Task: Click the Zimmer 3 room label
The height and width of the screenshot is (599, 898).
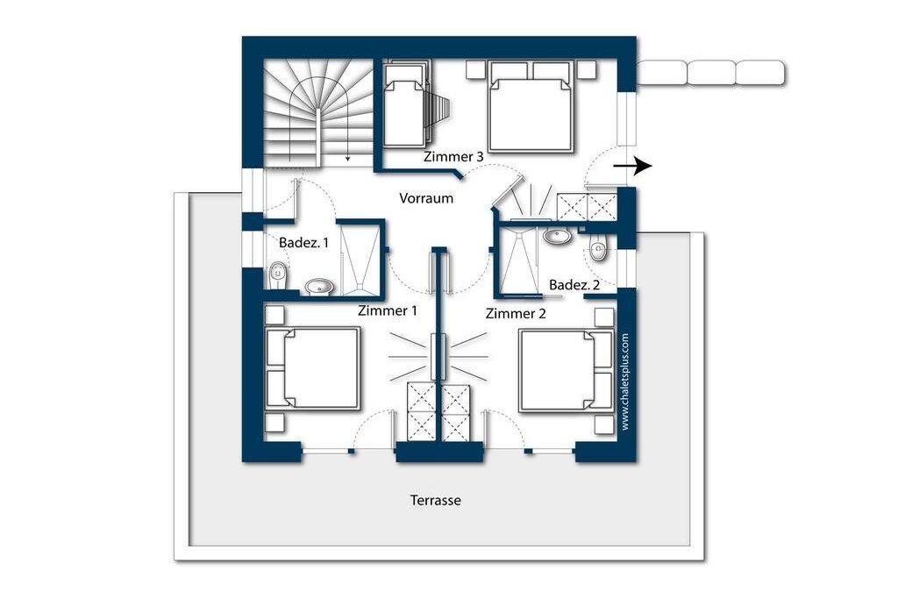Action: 453,156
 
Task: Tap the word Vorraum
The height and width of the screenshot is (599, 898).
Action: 426,198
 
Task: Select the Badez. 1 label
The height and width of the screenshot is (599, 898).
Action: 303,242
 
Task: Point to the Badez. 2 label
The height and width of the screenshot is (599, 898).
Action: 574,285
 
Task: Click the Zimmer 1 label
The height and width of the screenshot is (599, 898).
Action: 387,310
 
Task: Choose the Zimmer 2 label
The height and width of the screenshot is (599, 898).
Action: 516,313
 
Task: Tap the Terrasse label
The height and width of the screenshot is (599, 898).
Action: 435,500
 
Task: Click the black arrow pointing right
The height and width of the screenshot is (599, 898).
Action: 632,166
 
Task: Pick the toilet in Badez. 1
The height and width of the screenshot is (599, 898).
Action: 278,275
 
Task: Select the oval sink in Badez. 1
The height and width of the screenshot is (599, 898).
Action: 318,286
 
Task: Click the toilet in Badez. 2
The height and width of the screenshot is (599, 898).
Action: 598,250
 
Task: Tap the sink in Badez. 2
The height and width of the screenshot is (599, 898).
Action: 556,235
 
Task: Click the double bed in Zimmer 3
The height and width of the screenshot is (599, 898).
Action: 531,106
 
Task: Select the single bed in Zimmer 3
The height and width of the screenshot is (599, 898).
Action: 405,104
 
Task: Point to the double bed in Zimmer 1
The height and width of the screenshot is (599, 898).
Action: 313,368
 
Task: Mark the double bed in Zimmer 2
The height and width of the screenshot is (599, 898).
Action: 567,370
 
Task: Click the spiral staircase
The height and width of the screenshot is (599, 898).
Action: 318,112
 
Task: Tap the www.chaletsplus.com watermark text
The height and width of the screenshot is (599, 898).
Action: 624,382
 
